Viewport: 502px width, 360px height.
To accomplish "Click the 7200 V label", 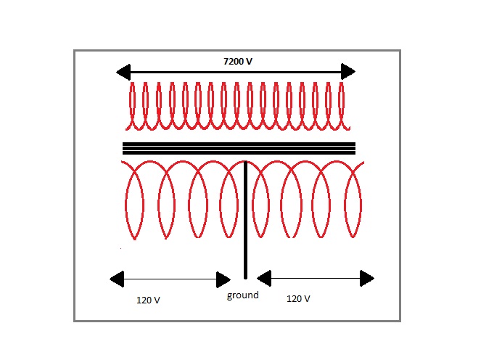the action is (238, 62).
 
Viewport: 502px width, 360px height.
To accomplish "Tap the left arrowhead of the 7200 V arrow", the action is (124, 72).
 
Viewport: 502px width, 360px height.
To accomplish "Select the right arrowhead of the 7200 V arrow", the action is (348, 71).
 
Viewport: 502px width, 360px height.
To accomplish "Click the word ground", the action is (242, 295).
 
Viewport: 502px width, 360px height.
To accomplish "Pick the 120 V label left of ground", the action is (148, 299).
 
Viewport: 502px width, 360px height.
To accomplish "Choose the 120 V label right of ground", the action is (298, 298).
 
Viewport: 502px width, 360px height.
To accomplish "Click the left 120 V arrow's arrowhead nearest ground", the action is (224, 279).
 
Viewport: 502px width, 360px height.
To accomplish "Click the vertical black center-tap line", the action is (245, 218).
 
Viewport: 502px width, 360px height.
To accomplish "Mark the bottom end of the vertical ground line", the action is (245, 276).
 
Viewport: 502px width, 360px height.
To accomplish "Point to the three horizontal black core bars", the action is (239, 148).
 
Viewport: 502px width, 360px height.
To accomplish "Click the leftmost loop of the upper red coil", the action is (132, 105).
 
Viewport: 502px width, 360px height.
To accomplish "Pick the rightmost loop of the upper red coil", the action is (340, 105).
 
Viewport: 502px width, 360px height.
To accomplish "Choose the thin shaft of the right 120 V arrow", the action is (316, 278).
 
